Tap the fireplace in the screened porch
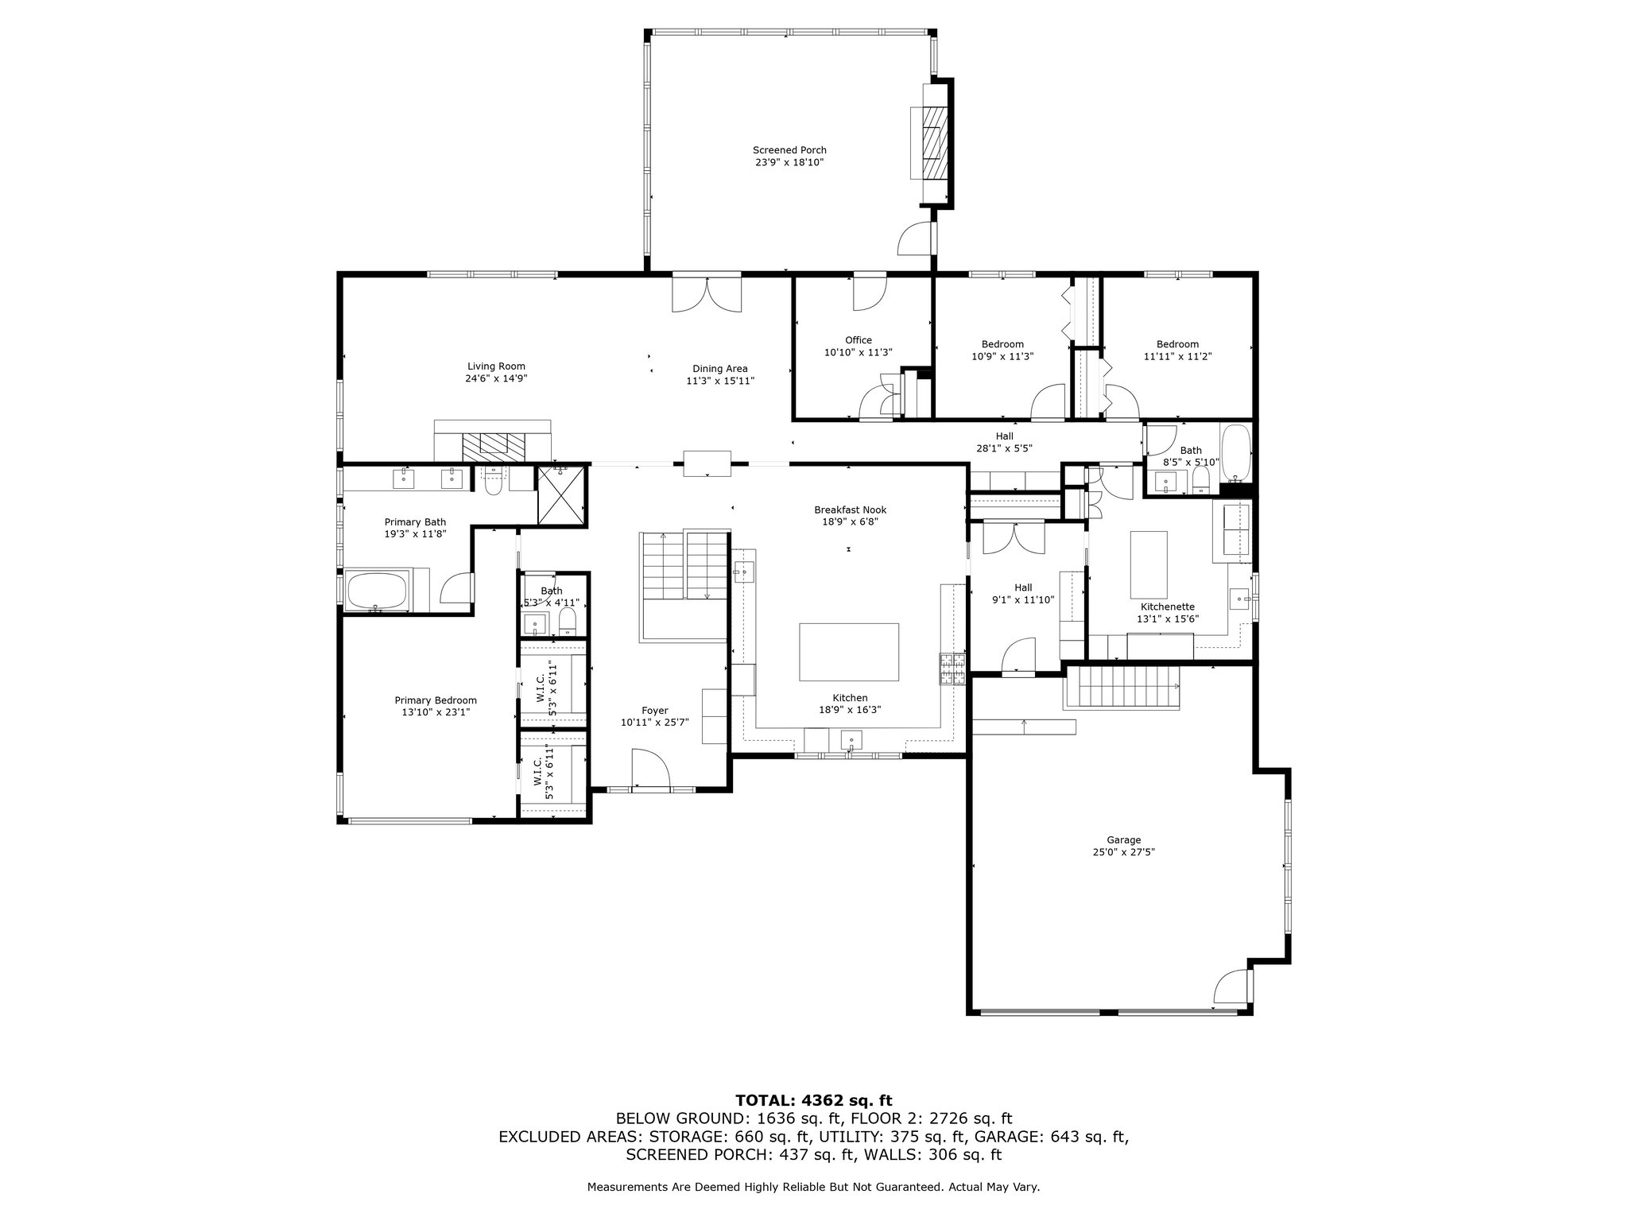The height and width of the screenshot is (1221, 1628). coord(931,143)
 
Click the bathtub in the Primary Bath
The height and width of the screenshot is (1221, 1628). coord(376,591)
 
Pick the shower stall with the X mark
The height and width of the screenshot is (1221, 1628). coord(560,495)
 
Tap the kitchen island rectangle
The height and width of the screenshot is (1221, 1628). coord(849,652)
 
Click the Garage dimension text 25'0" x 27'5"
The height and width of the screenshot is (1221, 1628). coord(1123,852)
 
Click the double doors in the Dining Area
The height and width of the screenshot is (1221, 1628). coord(707,293)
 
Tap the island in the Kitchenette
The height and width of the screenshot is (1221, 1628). coord(1149,564)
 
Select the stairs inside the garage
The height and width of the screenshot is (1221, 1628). coord(1122,688)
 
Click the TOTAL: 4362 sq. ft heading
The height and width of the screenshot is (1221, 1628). coord(814,1100)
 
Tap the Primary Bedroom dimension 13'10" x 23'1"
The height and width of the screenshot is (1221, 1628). coord(436,713)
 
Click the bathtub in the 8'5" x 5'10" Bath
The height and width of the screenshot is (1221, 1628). coord(1235,454)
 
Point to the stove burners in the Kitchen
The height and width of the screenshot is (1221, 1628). coord(953,669)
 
